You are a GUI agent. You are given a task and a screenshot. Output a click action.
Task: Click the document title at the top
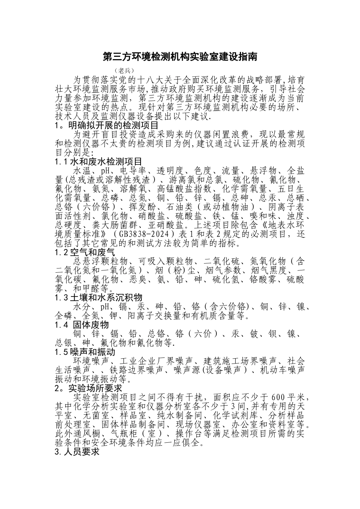coord(180,57)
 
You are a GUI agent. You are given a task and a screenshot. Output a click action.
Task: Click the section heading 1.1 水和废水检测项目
coord(98,162)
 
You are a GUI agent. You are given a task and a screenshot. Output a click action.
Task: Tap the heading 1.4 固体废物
coord(82,325)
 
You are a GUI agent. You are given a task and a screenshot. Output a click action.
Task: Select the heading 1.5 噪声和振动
coord(85,352)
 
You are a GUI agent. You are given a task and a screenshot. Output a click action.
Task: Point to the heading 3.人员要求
coord(77,452)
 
